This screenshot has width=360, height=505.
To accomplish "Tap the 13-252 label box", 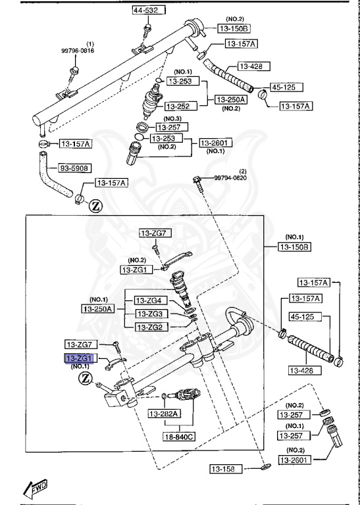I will (x=177, y=105).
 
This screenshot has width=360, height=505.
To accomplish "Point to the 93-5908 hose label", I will (x=75, y=168).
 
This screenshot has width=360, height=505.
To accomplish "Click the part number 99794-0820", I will (x=230, y=177).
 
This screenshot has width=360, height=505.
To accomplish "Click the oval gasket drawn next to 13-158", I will (x=264, y=468).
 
